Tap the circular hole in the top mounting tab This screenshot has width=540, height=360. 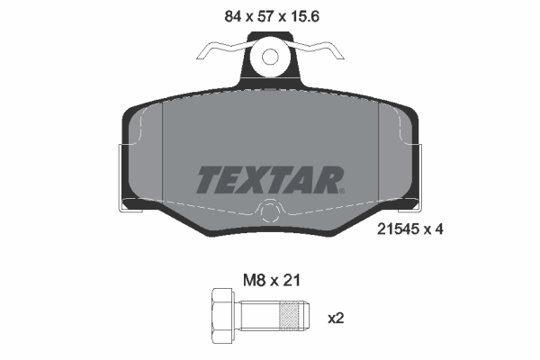[x=269, y=57]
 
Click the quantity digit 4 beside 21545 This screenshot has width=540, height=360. [x=439, y=229]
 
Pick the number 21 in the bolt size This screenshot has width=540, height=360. [x=291, y=280]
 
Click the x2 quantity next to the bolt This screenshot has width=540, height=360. [x=335, y=318]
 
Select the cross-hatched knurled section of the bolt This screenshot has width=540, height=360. [x=289, y=318]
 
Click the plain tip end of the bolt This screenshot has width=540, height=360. [x=307, y=318]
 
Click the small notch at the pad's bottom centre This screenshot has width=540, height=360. [x=268, y=214]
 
